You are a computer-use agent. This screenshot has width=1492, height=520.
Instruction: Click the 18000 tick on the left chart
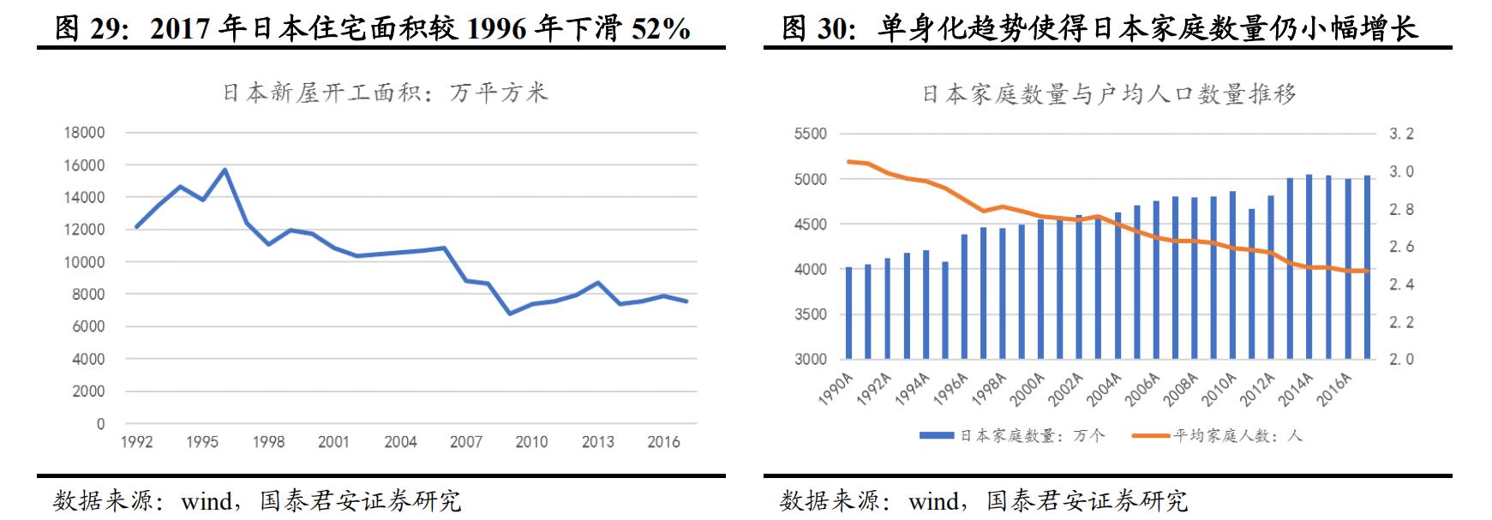pyautogui.click(x=84, y=133)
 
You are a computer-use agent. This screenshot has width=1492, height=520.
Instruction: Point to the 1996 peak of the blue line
pyautogui.click(x=225, y=170)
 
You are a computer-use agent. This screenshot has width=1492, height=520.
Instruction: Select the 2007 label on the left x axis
pyautogui.click(x=465, y=442)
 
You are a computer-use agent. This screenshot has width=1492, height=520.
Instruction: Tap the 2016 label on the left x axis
pyautogui.click(x=663, y=442)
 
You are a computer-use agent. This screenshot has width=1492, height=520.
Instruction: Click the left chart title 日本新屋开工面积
pyautogui.click(x=385, y=93)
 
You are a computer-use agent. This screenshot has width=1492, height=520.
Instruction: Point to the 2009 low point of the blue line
pyautogui.click(x=509, y=314)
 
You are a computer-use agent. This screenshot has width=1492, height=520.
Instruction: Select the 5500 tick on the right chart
pyautogui.click(x=810, y=134)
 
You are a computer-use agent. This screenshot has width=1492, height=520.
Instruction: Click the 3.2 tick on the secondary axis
pyautogui.click(x=1401, y=134)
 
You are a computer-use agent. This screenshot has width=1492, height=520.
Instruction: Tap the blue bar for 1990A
pyautogui.click(x=848, y=313)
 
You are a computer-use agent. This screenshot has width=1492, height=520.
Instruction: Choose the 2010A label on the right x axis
pyautogui.click(x=1219, y=390)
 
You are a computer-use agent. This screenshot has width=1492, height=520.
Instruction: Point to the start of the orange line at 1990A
pyautogui.click(x=848, y=161)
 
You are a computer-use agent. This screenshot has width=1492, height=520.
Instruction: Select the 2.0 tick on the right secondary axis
pyautogui.click(x=1401, y=359)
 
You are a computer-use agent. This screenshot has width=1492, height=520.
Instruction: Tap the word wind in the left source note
pyautogui.click(x=206, y=500)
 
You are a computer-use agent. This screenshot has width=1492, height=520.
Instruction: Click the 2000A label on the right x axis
pyautogui.click(x=1028, y=390)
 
